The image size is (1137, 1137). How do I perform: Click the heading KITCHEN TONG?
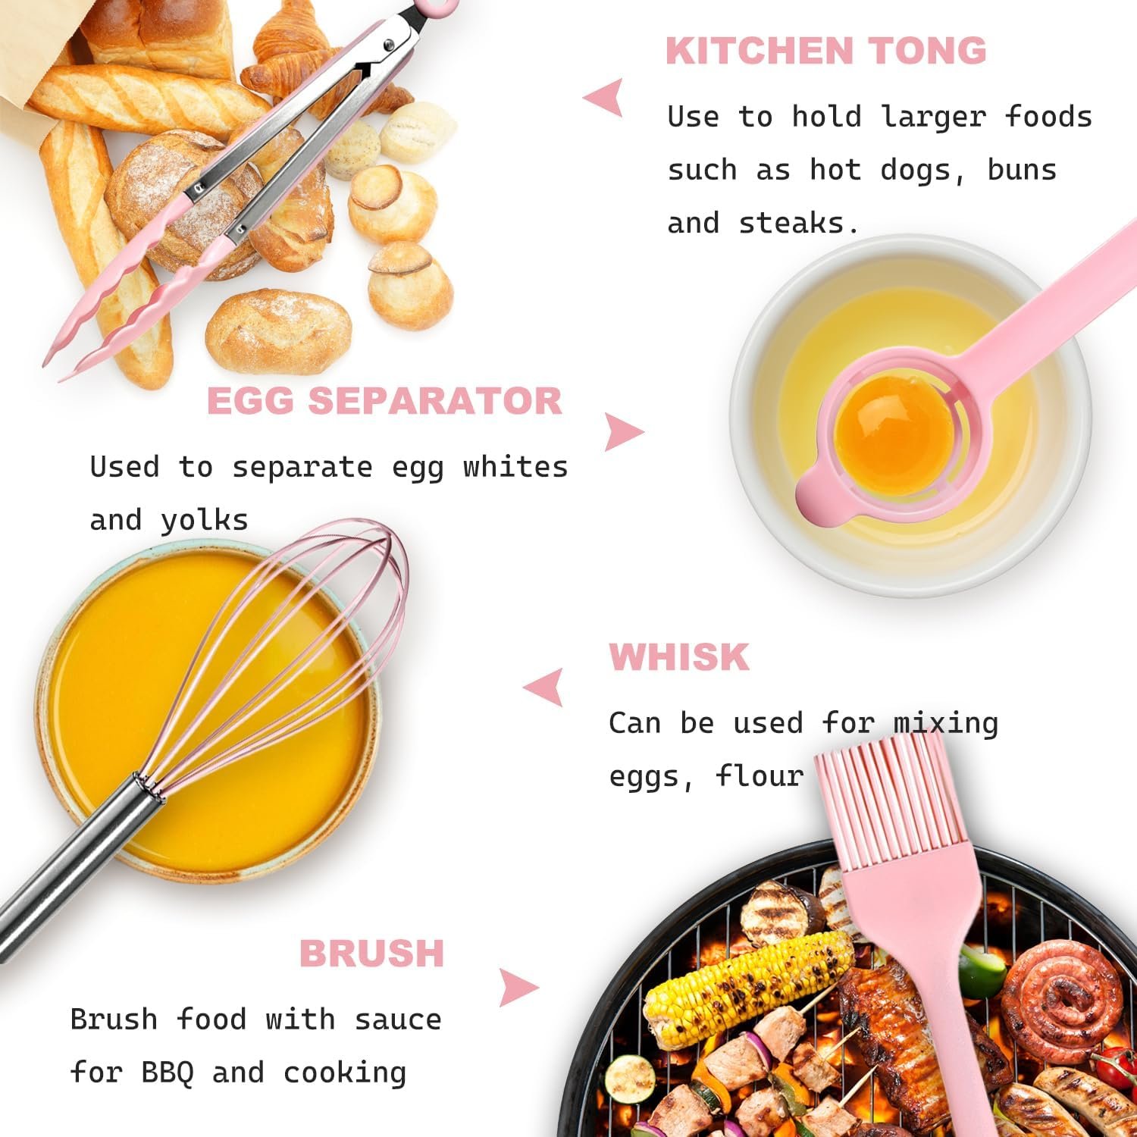coord(826,51)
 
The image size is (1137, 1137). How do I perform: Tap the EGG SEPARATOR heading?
coord(384,401)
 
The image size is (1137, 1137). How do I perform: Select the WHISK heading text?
coord(679,657)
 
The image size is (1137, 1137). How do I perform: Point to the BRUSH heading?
coord(371,953)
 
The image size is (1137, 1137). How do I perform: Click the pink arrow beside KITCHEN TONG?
coord(604,98)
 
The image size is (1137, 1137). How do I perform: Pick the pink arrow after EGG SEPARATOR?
coord(625,433)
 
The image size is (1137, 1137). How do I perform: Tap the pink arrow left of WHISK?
coord(543,688)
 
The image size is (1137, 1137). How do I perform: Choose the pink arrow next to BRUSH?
coord(519,988)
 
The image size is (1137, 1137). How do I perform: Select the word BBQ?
coord(167,1073)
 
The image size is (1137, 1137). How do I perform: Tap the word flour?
coord(760,775)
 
